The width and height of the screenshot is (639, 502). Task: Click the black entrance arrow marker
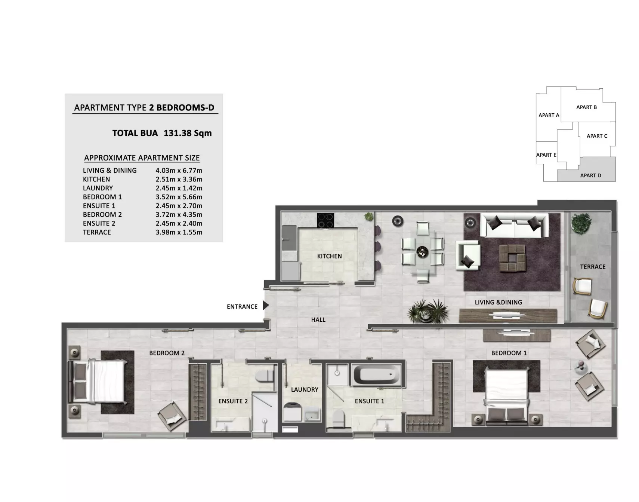(x=265, y=305)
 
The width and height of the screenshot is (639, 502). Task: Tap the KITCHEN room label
(x=329, y=256)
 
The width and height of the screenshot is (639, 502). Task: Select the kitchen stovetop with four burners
(x=325, y=220)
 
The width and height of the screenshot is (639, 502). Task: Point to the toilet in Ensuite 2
(x=265, y=376)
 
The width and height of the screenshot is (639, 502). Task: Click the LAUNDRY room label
(x=305, y=389)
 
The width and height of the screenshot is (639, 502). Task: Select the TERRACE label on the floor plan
(x=593, y=267)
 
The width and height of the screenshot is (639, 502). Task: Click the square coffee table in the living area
(x=512, y=257)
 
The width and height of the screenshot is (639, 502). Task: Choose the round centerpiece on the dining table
(x=423, y=252)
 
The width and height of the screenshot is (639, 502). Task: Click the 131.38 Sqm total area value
(x=188, y=133)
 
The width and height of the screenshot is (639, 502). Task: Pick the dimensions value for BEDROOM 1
(x=179, y=197)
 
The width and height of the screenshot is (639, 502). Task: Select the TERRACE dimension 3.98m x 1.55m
(x=179, y=232)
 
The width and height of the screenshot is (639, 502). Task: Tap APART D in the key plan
(x=590, y=175)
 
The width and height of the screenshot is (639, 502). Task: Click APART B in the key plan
(x=586, y=107)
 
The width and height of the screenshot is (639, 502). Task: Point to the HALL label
(x=318, y=320)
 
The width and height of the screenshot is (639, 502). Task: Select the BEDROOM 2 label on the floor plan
(x=167, y=353)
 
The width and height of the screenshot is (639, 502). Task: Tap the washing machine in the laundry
(x=292, y=411)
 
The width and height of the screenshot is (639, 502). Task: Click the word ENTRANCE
(x=242, y=307)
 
